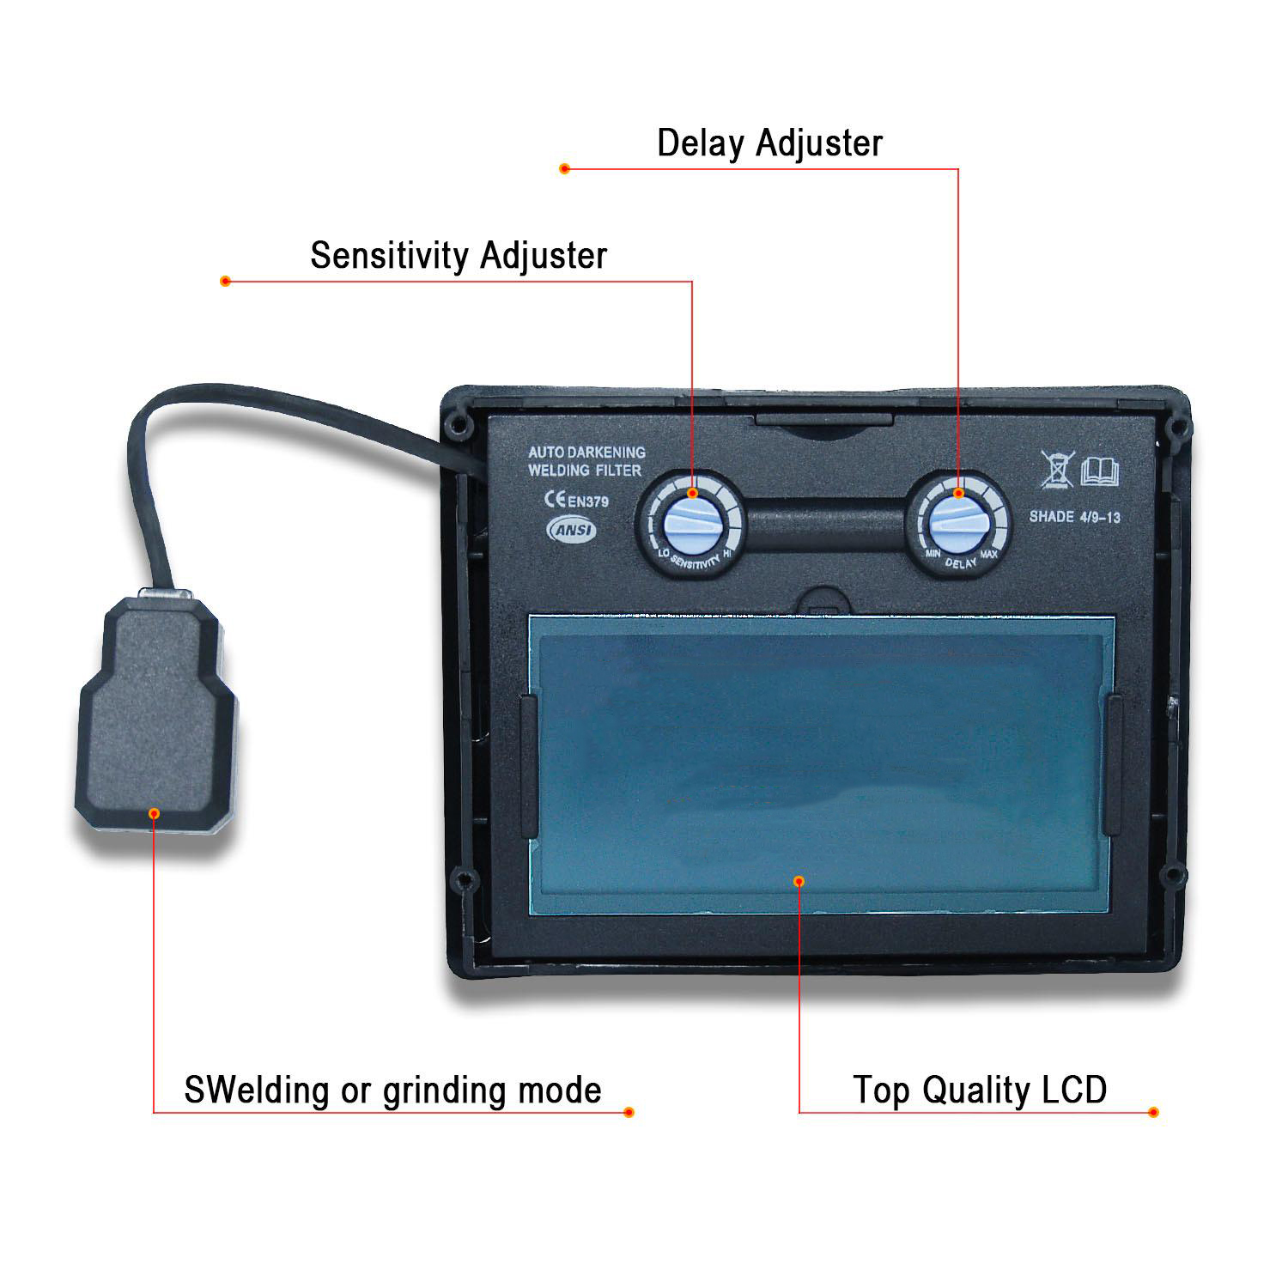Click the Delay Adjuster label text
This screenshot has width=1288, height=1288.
click(769, 143)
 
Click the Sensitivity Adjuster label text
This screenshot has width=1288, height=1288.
click(459, 256)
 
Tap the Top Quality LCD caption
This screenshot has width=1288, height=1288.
click(980, 1090)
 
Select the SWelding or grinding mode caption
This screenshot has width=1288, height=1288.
click(392, 1090)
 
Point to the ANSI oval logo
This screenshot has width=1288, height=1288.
click(572, 530)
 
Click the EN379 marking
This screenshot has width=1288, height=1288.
click(587, 501)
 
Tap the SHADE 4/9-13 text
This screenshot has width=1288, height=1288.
click(1074, 517)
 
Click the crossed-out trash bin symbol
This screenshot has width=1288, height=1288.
click(1057, 469)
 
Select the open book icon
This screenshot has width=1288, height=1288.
click(1100, 471)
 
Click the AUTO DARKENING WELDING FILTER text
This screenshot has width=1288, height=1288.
click(586, 461)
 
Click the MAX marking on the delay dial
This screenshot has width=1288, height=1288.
click(988, 555)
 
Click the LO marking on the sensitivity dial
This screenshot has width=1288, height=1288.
click(663, 554)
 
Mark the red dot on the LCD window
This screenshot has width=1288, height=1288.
click(799, 881)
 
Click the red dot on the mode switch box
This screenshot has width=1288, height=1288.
click(155, 812)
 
